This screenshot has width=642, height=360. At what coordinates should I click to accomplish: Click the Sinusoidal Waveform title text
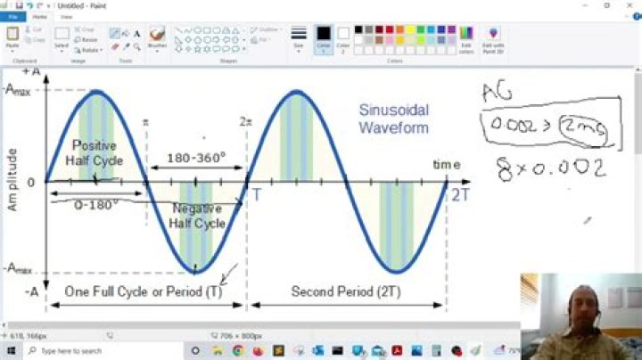393,119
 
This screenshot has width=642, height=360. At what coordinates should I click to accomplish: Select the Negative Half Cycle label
198,216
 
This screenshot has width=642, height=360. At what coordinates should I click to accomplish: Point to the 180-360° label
196,158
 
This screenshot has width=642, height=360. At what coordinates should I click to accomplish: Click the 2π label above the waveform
247,121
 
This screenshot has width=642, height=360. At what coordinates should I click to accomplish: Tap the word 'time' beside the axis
447,165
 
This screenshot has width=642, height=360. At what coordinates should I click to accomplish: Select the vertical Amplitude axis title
12,178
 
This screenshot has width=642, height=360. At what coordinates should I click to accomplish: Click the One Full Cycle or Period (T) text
144,291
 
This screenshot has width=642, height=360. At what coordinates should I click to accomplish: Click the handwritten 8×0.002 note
552,168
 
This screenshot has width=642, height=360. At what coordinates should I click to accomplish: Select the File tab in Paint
13,16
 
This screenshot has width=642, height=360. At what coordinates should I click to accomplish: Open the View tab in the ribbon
67,16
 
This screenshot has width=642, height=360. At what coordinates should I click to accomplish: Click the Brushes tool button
157,38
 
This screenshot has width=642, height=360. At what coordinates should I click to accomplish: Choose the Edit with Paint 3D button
493,38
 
